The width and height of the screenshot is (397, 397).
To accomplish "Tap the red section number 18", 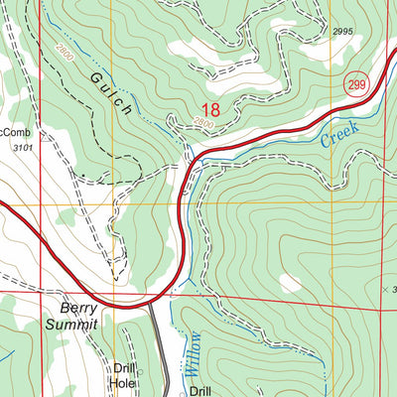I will tap(210, 110).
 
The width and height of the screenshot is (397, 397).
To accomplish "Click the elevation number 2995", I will tap(342, 32).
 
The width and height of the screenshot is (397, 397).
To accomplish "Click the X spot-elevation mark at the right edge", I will tap(386, 289).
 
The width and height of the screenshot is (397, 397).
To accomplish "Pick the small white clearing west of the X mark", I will tap(291, 284).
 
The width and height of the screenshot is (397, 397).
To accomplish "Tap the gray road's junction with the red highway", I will tap(149, 304).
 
